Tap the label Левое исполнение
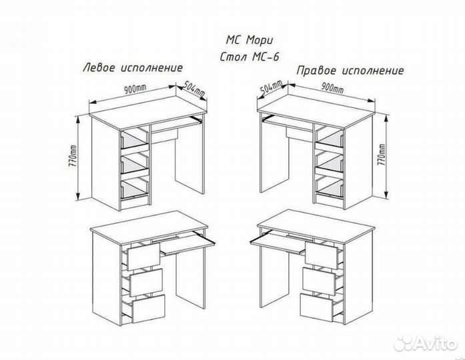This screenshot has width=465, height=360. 132,68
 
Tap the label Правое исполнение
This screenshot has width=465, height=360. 350,70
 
